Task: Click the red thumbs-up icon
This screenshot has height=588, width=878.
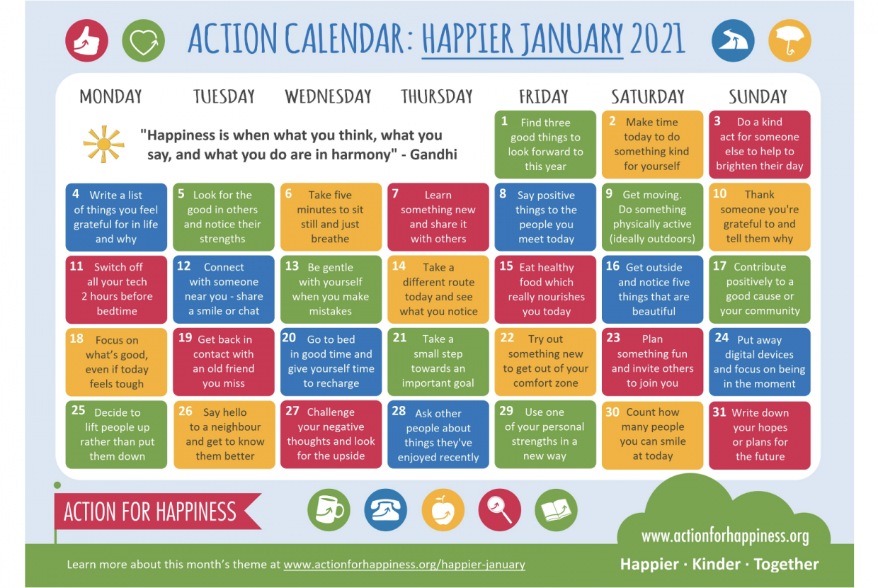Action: [x=86, y=40]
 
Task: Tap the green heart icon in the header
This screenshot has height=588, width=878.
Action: [x=144, y=40]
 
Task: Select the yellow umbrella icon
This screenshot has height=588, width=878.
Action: [x=789, y=40]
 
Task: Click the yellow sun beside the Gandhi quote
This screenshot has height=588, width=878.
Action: [x=104, y=145]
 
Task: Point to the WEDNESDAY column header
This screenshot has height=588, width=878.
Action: [x=328, y=96]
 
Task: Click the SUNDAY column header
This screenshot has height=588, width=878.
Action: [x=758, y=96]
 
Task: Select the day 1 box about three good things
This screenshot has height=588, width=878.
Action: [x=545, y=145]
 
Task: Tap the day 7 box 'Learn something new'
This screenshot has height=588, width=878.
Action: [x=438, y=217]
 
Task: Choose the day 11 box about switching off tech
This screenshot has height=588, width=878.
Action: [x=116, y=290]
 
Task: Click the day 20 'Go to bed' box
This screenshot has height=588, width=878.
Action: [x=331, y=362]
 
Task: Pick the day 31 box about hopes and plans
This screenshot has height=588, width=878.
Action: [x=760, y=435]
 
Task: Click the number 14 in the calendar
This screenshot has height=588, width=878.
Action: [x=399, y=266]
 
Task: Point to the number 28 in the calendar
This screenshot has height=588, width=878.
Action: [x=399, y=411]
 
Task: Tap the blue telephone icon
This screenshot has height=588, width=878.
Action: [x=386, y=509]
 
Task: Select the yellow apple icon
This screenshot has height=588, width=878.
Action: [x=443, y=509]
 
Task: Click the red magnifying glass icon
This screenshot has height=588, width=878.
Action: [x=499, y=509]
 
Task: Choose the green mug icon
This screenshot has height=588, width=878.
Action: [x=329, y=509]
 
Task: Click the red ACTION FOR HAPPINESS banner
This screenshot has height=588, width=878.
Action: [x=157, y=511]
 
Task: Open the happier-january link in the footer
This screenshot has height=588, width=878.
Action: [x=404, y=565]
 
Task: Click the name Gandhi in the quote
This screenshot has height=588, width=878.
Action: [x=433, y=154]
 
